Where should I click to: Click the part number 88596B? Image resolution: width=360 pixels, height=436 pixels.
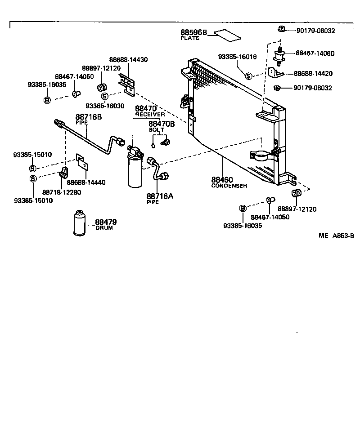(x=193, y=33)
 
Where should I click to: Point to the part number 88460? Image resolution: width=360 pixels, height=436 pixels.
(x=222, y=180)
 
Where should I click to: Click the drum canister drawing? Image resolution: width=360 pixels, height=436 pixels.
(x=82, y=222)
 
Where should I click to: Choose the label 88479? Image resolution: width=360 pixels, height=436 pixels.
(x=106, y=222)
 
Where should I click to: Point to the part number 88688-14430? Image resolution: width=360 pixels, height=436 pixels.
(x=128, y=59)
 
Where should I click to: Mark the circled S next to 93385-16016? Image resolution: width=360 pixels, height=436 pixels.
(x=248, y=76)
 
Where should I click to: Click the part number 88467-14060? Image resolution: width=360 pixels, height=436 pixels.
(x=315, y=53)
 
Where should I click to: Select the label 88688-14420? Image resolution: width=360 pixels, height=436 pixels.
(x=314, y=73)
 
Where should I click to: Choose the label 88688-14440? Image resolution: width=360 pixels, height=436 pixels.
(x=86, y=182)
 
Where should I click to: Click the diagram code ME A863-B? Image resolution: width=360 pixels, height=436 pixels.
(x=336, y=236)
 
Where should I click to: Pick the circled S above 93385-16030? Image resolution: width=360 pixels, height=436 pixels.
(x=104, y=96)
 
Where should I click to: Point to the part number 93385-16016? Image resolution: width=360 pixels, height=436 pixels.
(x=237, y=57)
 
